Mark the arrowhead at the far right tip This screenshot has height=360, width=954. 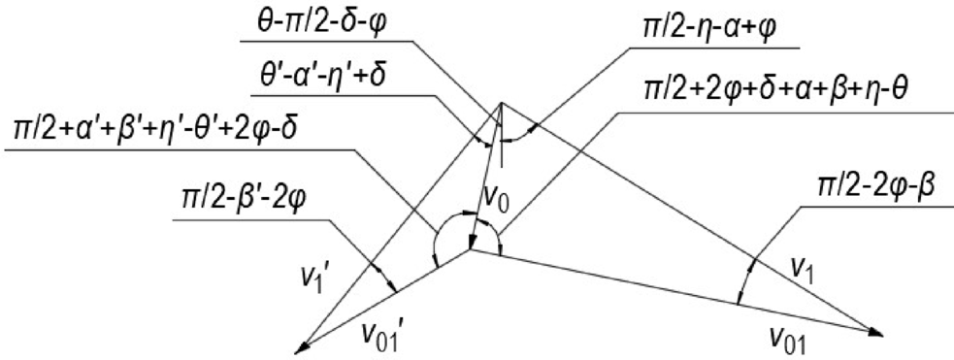876,334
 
